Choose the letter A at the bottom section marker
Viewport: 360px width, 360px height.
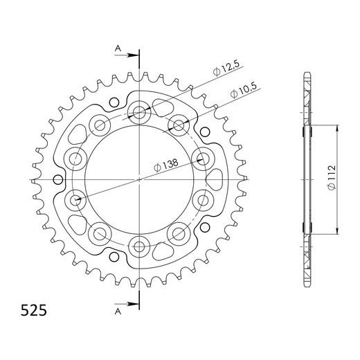tap(118, 312)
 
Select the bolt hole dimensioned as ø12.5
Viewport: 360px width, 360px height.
tap(140, 112)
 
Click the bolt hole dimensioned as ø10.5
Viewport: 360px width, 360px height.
tap(179, 125)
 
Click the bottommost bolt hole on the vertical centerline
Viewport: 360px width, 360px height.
tap(140, 245)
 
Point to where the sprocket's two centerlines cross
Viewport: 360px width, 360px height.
tap(140, 179)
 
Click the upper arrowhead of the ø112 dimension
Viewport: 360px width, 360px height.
tap(337, 128)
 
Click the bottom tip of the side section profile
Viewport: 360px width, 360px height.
tap(306, 286)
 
